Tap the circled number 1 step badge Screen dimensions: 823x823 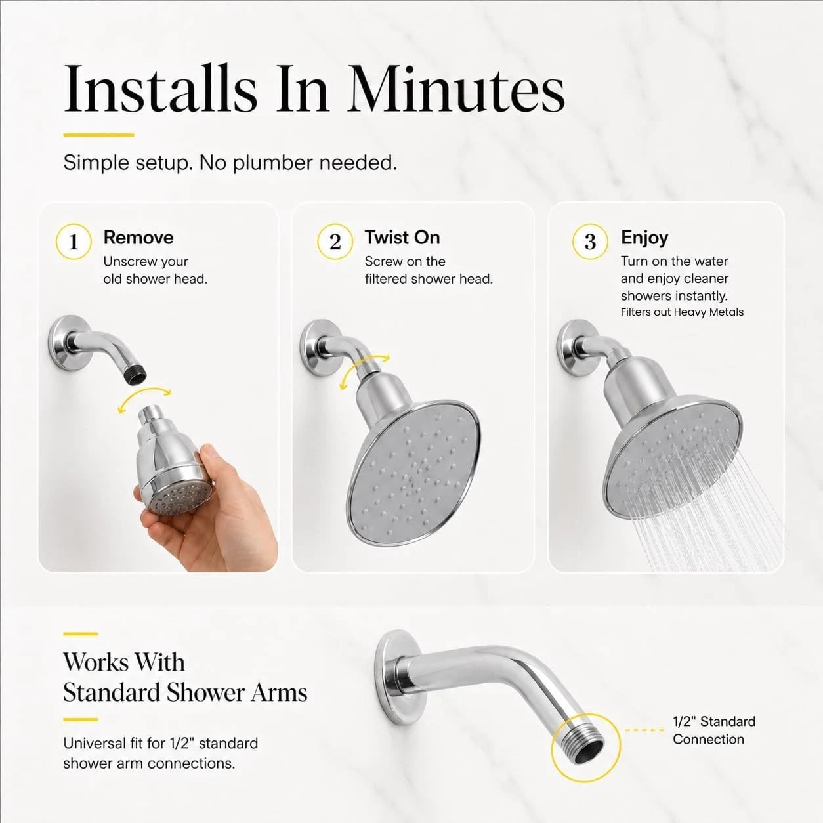[x=74, y=242]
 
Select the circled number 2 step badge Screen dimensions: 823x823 [x=335, y=242]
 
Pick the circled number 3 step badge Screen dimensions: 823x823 [x=590, y=242]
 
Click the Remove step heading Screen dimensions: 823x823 [x=138, y=238]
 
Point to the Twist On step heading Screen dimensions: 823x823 [x=402, y=238]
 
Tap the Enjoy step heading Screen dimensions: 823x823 [x=644, y=238]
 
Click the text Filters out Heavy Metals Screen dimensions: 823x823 [x=682, y=312]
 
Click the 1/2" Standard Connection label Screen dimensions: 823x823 [x=714, y=730]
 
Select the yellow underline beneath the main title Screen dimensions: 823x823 [x=98, y=135]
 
